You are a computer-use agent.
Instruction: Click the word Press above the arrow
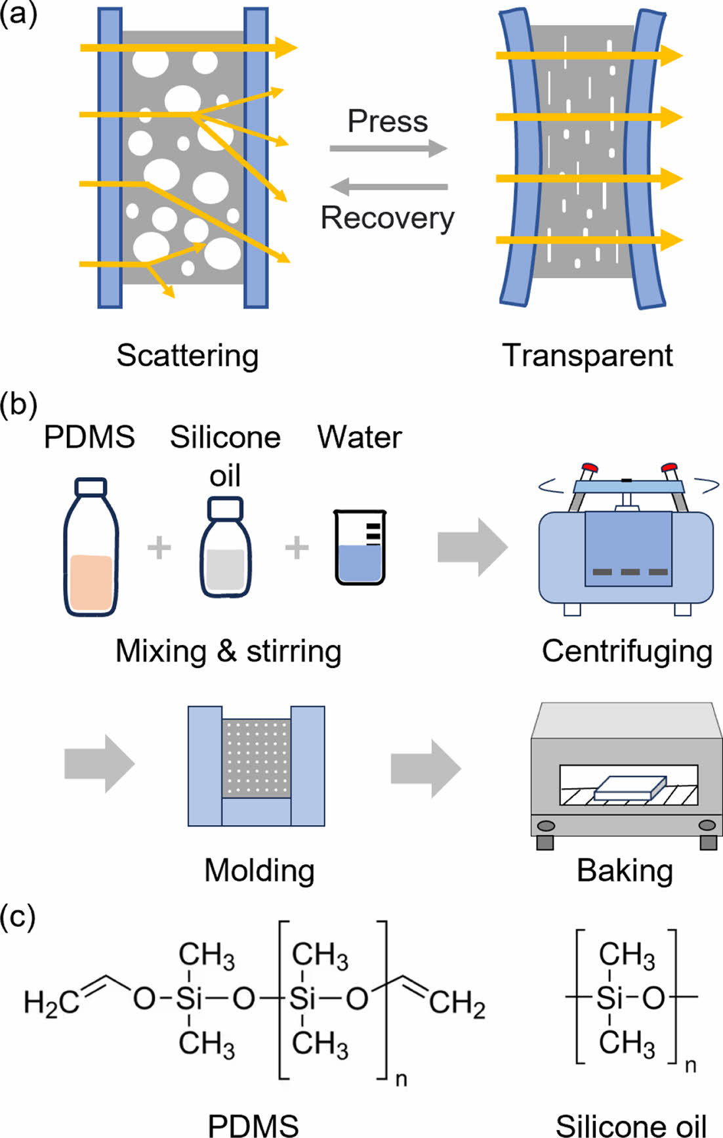click(x=387, y=121)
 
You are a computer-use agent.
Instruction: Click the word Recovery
click(x=387, y=219)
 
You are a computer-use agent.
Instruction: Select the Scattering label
click(x=188, y=356)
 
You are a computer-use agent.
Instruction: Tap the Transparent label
click(x=587, y=356)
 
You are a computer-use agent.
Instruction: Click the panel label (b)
click(x=18, y=404)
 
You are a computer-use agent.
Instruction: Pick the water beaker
click(x=360, y=547)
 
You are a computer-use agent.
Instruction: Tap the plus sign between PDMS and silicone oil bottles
click(x=159, y=547)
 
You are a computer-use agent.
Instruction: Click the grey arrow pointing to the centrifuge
click(x=472, y=547)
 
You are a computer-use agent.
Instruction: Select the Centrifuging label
click(x=627, y=651)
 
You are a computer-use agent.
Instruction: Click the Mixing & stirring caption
click(x=228, y=651)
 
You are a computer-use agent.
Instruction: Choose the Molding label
click(x=259, y=870)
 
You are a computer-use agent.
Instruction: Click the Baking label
click(x=625, y=870)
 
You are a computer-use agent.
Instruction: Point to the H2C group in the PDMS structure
click(x=51, y=1003)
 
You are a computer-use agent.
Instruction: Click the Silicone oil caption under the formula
click(x=630, y=1125)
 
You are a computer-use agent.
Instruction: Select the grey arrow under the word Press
click(x=388, y=148)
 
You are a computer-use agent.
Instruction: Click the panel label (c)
click(x=18, y=916)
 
